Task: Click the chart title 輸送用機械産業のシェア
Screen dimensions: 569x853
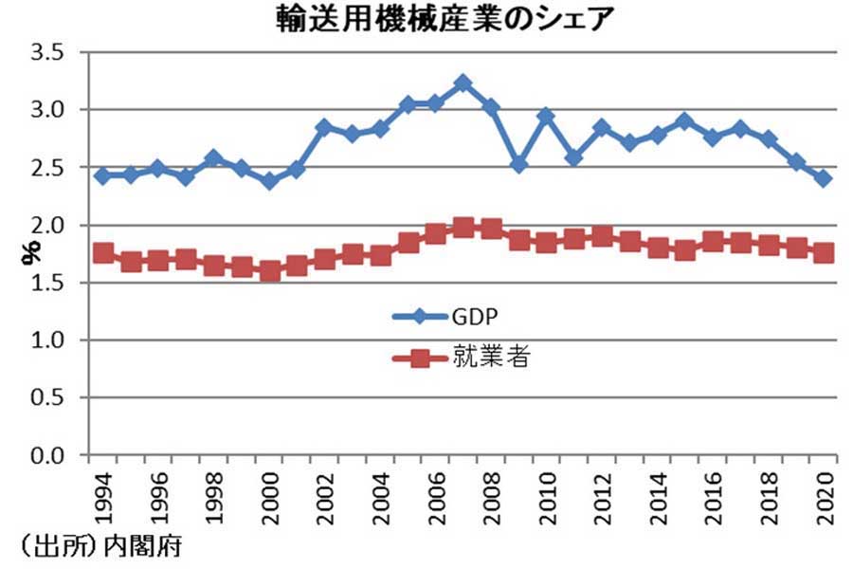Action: (x=429, y=20)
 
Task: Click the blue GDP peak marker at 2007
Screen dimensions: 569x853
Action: (x=463, y=83)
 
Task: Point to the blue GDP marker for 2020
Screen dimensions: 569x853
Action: (x=824, y=178)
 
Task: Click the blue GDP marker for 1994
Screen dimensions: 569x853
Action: (x=102, y=175)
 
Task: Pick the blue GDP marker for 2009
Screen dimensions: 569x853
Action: (x=518, y=164)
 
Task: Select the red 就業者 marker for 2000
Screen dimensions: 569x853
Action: (x=269, y=271)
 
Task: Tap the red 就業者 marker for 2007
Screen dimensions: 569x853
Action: (x=463, y=227)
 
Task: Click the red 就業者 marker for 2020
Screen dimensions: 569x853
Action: (x=824, y=252)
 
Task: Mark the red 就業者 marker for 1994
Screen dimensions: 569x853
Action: (x=102, y=252)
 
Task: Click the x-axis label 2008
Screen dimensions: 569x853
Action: (x=491, y=493)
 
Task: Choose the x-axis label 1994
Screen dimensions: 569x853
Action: (x=102, y=493)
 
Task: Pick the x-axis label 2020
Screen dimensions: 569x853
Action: (x=824, y=493)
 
